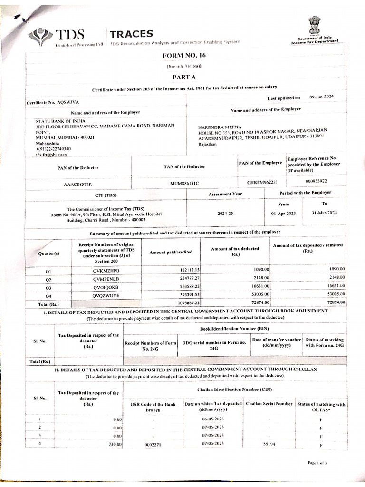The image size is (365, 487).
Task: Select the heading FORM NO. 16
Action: coord(183,56)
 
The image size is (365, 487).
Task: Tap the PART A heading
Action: coord(183,76)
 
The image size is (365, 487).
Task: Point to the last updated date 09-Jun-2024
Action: coord(322,97)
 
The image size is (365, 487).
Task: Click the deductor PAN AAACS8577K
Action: coord(78,184)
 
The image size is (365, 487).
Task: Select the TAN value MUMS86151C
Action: coord(184,183)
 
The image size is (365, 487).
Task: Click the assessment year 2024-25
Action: coord(225,214)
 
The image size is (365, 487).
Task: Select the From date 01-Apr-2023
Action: coord(283,214)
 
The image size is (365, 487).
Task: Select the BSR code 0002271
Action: coord(153,444)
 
